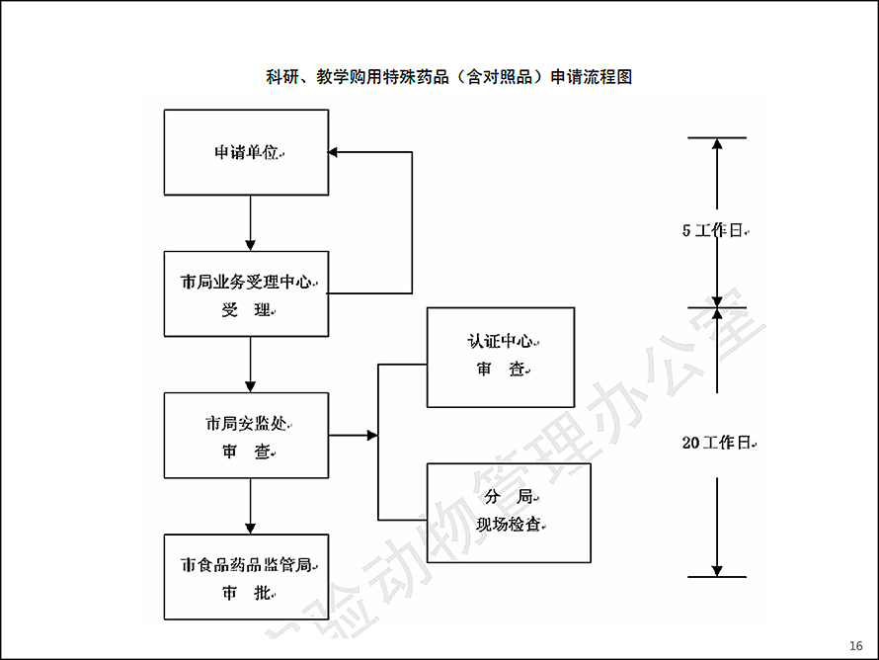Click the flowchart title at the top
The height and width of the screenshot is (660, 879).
click(449, 77)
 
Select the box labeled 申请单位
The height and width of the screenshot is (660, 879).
click(246, 152)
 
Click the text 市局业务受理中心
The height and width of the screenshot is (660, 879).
click(246, 282)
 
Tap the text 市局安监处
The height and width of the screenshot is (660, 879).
click(246, 423)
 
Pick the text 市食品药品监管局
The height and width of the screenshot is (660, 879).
click(246, 565)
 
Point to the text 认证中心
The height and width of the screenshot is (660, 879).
click(500, 340)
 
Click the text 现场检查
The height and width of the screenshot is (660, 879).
click(509, 525)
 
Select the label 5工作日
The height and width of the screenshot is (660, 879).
click(712, 230)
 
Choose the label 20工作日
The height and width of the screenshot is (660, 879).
click(716, 443)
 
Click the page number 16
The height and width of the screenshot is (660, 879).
click(856, 645)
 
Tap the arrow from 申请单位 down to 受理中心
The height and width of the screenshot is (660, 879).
click(251, 223)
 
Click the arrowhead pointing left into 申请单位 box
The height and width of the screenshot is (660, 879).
click(333, 152)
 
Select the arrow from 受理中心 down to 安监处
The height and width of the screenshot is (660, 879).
click(251, 365)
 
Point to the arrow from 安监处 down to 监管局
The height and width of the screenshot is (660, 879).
click(251, 506)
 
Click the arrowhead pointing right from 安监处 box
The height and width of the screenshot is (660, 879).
click(372, 435)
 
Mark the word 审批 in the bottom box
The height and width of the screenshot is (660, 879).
click(246, 593)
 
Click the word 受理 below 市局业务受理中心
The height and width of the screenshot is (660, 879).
click(246, 309)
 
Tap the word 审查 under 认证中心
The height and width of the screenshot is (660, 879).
click(500, 369)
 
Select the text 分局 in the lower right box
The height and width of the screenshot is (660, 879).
click(509, 496)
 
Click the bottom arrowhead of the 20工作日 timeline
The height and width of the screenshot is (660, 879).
click(717, 571)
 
